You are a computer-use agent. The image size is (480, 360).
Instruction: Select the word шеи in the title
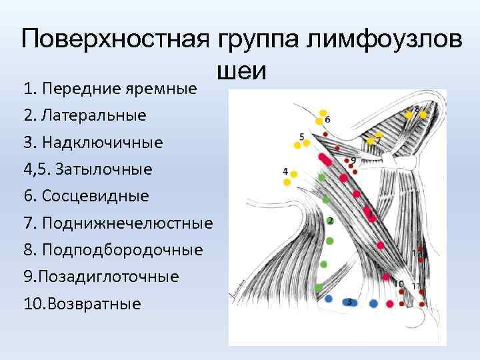(241, 69)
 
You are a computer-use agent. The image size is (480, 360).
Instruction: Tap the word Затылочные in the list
(97, 169)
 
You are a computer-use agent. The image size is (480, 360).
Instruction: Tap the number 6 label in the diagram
(327, 120)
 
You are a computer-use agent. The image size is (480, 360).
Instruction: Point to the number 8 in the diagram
(417, 108)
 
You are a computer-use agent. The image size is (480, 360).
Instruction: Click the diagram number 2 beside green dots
(331, 221)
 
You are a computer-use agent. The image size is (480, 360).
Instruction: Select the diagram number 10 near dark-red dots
(399, 284)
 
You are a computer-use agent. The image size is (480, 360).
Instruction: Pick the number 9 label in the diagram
(353, 161)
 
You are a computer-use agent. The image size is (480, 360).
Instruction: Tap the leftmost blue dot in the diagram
(328, 299)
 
